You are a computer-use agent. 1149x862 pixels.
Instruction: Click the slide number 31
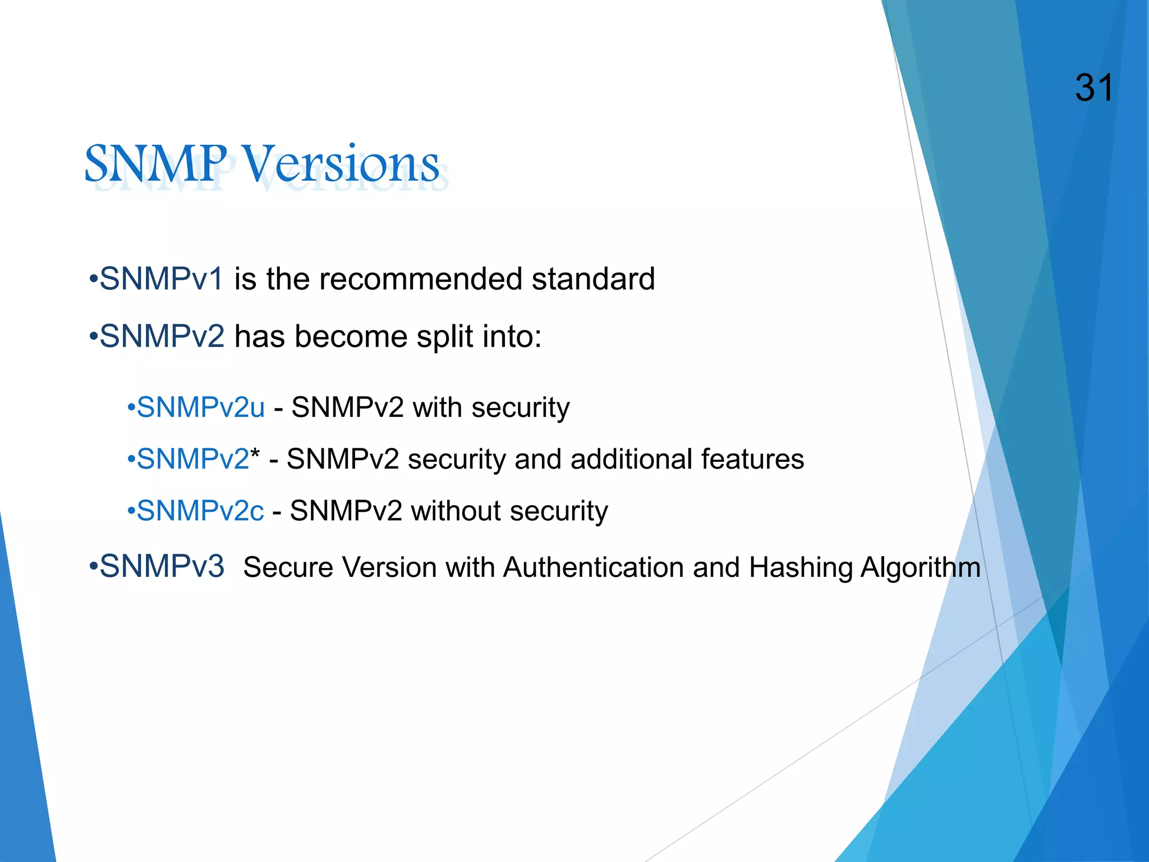(1093, 89)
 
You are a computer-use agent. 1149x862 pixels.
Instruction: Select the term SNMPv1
(162, 279)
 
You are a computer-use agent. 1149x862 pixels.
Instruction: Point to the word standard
(593, 279)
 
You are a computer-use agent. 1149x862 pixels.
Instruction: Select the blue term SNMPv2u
(200, 407)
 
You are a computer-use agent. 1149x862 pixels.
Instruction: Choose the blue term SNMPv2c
(200, 511)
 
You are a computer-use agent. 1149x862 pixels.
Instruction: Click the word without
(456, 511)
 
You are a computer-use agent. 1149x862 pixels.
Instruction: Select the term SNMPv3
(162, 566)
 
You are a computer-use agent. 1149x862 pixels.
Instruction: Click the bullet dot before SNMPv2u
(131, 407)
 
